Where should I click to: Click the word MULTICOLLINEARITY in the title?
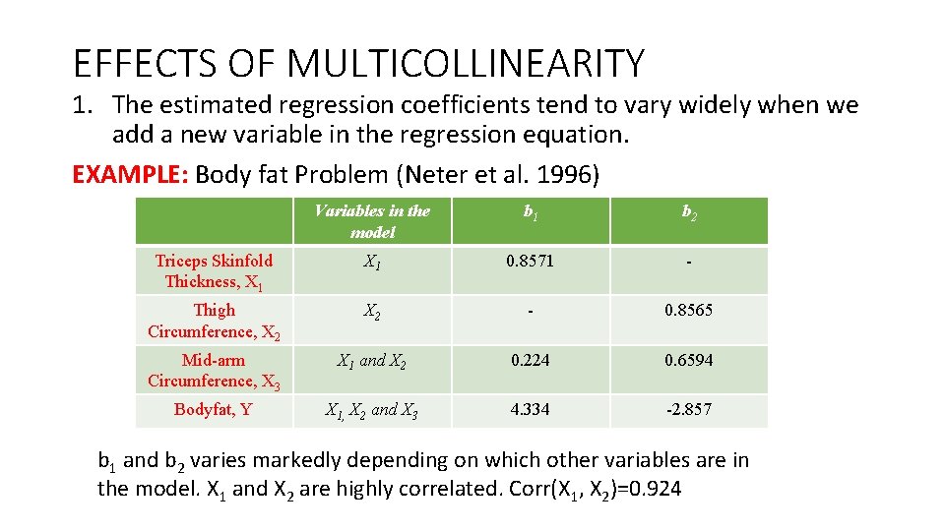[466, 64]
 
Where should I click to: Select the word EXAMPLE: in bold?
[131, 175]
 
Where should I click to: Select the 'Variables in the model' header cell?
[372, 221]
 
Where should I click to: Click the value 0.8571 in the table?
[531, 261]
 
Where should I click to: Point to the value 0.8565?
[688, 310]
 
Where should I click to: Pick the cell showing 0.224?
[531, 360]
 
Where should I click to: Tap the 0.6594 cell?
[688, 360]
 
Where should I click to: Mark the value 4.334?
[531, 409]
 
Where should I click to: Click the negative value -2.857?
[688, 409]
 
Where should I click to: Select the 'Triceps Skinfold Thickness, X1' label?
[214, 271]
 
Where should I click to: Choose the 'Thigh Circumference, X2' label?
[214, 321]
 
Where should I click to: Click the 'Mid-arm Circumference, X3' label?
[214, 371]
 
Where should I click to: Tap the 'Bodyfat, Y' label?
[214, 409]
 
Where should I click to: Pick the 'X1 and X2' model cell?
[372, 361]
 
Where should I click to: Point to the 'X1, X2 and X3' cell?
[372, 411]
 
